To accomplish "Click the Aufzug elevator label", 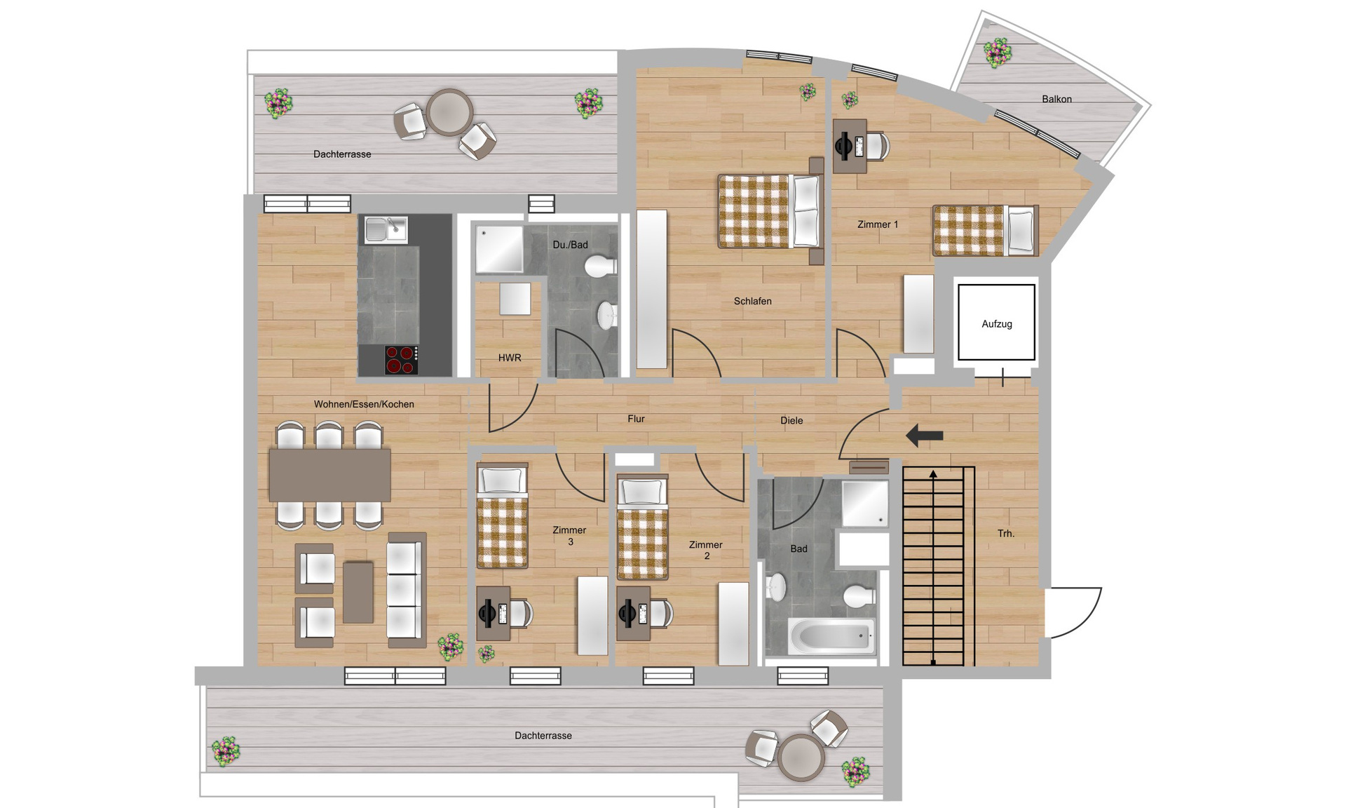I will click(996, 324).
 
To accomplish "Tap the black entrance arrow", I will click(924, 436).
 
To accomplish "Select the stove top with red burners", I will click(401, 360).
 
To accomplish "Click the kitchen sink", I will click(385, 229).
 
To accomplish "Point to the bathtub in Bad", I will click(831, 636).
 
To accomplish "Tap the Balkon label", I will click(1056, 99).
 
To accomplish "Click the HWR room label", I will click(510, 358).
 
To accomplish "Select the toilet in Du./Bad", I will click(601, 267).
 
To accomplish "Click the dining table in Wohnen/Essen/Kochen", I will click(329, 475).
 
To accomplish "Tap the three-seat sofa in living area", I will click(407, 589).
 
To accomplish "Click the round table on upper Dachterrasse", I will click(449, 112).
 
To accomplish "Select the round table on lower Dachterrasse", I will click(801, 757).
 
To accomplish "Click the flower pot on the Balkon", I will click(997, 52).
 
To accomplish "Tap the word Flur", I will click(636, 419).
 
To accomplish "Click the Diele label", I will click(791, 421).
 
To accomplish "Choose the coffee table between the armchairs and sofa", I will click(358, 592).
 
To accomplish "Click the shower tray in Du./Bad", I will click(500, 249).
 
